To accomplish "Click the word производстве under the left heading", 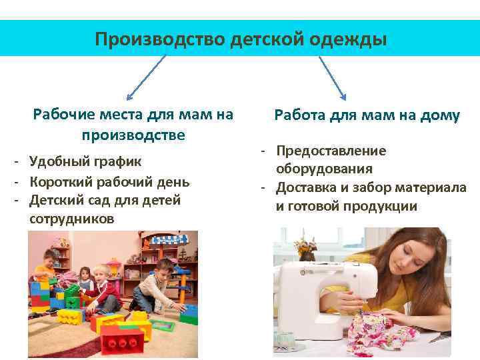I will point(133,135).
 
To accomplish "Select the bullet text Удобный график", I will point(85,161).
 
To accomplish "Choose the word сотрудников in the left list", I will point(71,219).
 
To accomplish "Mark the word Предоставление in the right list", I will point(331,151).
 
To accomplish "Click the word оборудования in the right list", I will point(324,169).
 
